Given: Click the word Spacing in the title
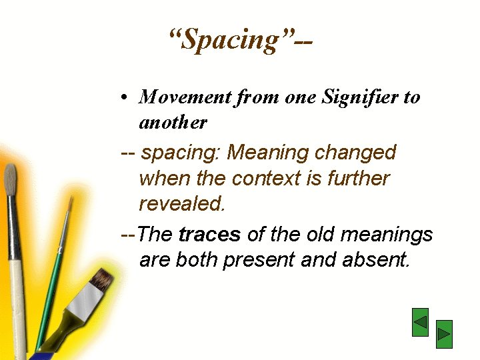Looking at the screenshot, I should (231, 40).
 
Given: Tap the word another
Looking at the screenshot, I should (173, 123).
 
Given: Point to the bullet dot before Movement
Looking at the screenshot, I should (125, 98).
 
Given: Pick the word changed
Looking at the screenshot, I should (355, 153).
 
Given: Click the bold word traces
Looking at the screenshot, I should (210, 235).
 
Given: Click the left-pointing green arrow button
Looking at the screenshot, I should (420, 322).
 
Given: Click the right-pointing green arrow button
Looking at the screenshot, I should (444, 334).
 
